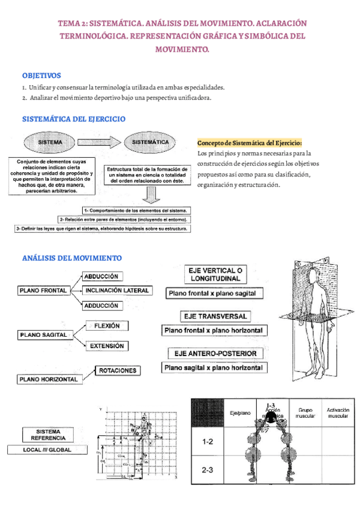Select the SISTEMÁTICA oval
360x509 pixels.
tap(149, 142)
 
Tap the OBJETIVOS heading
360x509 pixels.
tap(41, 76)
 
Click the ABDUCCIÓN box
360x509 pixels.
tap(104, 277)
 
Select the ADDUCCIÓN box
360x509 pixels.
tap(104, 306)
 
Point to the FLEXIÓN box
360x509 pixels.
tap(107, 326)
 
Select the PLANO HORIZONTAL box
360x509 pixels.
tap(49, 379)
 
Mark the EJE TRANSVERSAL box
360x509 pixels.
tap(215, 316)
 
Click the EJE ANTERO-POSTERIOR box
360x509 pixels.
tap(215, 354)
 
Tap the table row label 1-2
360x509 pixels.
tap(208, 442)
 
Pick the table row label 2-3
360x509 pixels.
tap(208, 471)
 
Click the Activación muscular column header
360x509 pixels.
tap(338, 414)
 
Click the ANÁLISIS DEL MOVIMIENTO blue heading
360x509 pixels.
tap(72, 258)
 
